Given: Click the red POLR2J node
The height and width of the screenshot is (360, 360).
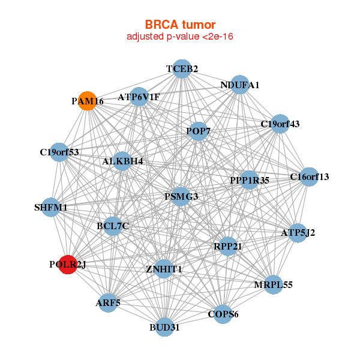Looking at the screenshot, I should pos(68,264).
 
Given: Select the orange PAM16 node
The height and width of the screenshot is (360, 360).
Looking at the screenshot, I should pos(88,101).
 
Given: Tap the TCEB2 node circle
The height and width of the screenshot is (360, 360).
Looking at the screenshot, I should pos(182,69).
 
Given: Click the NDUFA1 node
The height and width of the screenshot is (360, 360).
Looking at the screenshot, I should pos(240,85).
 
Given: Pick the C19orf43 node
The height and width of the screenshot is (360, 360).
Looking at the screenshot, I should pos(280,124).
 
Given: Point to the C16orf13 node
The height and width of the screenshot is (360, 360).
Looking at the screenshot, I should pos(309,176).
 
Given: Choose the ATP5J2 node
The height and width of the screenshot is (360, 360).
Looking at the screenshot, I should pos(298,232).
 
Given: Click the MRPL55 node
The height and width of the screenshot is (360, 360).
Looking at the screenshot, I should pos(273,284).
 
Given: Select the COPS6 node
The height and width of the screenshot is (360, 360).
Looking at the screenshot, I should pos(223,314).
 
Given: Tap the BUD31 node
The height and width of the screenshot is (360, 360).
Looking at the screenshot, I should pos(165,327).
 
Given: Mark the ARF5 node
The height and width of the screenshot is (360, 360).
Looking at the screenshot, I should pos(108,303).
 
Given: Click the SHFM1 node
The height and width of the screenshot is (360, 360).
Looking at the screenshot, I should pos(51,208).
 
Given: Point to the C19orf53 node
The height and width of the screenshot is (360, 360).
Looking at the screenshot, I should pos(59,152).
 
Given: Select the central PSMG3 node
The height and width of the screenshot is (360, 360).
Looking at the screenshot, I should pos(181,196).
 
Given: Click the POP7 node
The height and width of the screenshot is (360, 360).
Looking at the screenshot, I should pos(198,131).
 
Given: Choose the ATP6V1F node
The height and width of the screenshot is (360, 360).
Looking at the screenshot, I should pos(139,97).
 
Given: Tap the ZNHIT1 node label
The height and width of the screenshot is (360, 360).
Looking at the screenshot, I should pos(164,269).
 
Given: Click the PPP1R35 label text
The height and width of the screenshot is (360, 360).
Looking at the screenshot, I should pos(250,179).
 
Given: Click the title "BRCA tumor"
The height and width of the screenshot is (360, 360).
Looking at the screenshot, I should pos(180,25).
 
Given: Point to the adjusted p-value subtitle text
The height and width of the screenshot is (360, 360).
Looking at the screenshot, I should pos(180,37).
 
